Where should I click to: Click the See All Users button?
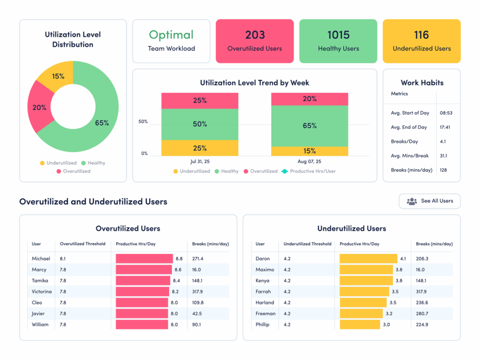[429, 201]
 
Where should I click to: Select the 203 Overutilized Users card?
[255, 41]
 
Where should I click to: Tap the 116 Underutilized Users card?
[421, 41]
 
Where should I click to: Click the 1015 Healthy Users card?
[338, 41]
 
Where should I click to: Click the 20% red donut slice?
[39, 108]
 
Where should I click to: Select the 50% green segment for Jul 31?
[200, 125]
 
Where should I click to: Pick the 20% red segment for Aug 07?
[309, 99]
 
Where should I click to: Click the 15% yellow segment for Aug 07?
[309, 151]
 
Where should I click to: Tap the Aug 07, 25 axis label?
[309, 161]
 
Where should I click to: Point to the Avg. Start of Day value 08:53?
[446, 113]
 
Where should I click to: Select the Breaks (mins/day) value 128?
[443, 170]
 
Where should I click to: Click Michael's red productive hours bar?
[144, 259]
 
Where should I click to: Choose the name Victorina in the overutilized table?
[42, 292]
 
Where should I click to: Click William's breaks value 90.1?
[196, 324]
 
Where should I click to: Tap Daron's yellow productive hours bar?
[368, 259]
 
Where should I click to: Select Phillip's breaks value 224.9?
[422, 324]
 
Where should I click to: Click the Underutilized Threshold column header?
[307, 244]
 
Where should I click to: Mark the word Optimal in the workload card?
[171, 35]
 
